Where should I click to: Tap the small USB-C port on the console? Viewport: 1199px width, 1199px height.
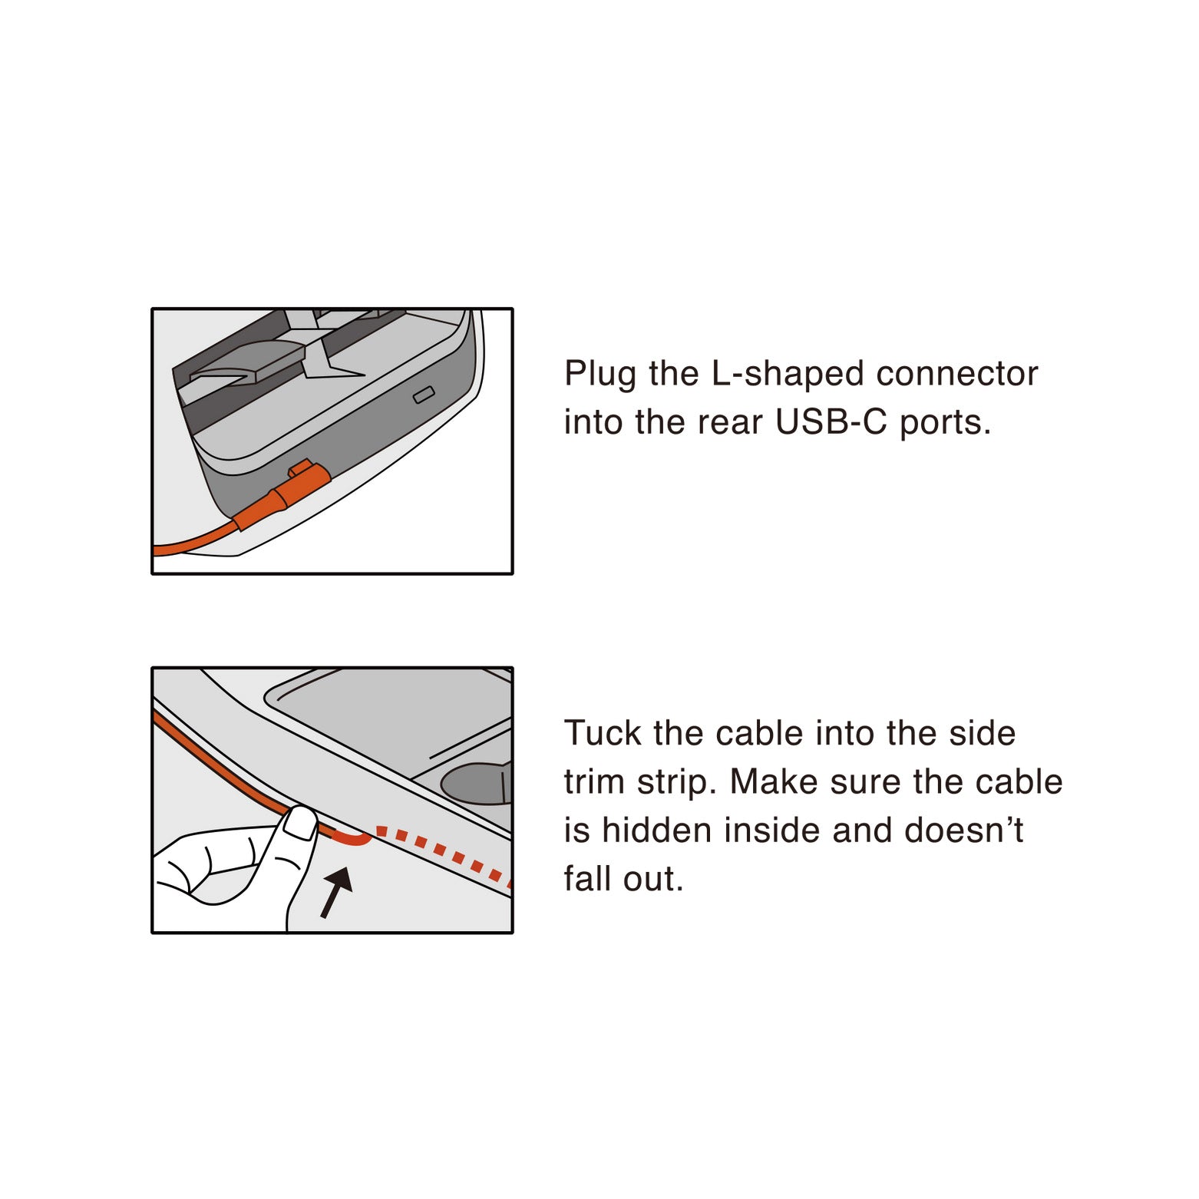[x=424, y=395]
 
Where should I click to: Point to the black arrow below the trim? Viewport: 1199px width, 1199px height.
[x=336, y=890]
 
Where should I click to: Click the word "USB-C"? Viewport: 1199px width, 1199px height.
[x=831, y=423]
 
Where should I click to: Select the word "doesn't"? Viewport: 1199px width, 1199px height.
[x=963, y=831]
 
